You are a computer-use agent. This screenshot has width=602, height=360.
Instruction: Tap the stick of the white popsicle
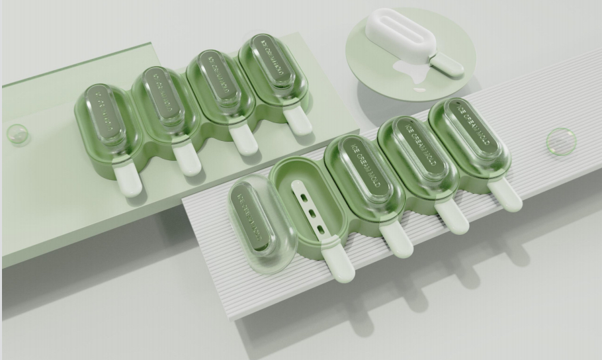[447, 64]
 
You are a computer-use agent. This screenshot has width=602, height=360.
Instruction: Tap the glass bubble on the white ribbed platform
[560, 142]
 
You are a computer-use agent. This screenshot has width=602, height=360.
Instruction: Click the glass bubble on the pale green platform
[18, 134]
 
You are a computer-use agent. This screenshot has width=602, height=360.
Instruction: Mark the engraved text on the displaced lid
[251, 212]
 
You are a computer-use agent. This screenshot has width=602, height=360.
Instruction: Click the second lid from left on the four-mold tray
[160, 99]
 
